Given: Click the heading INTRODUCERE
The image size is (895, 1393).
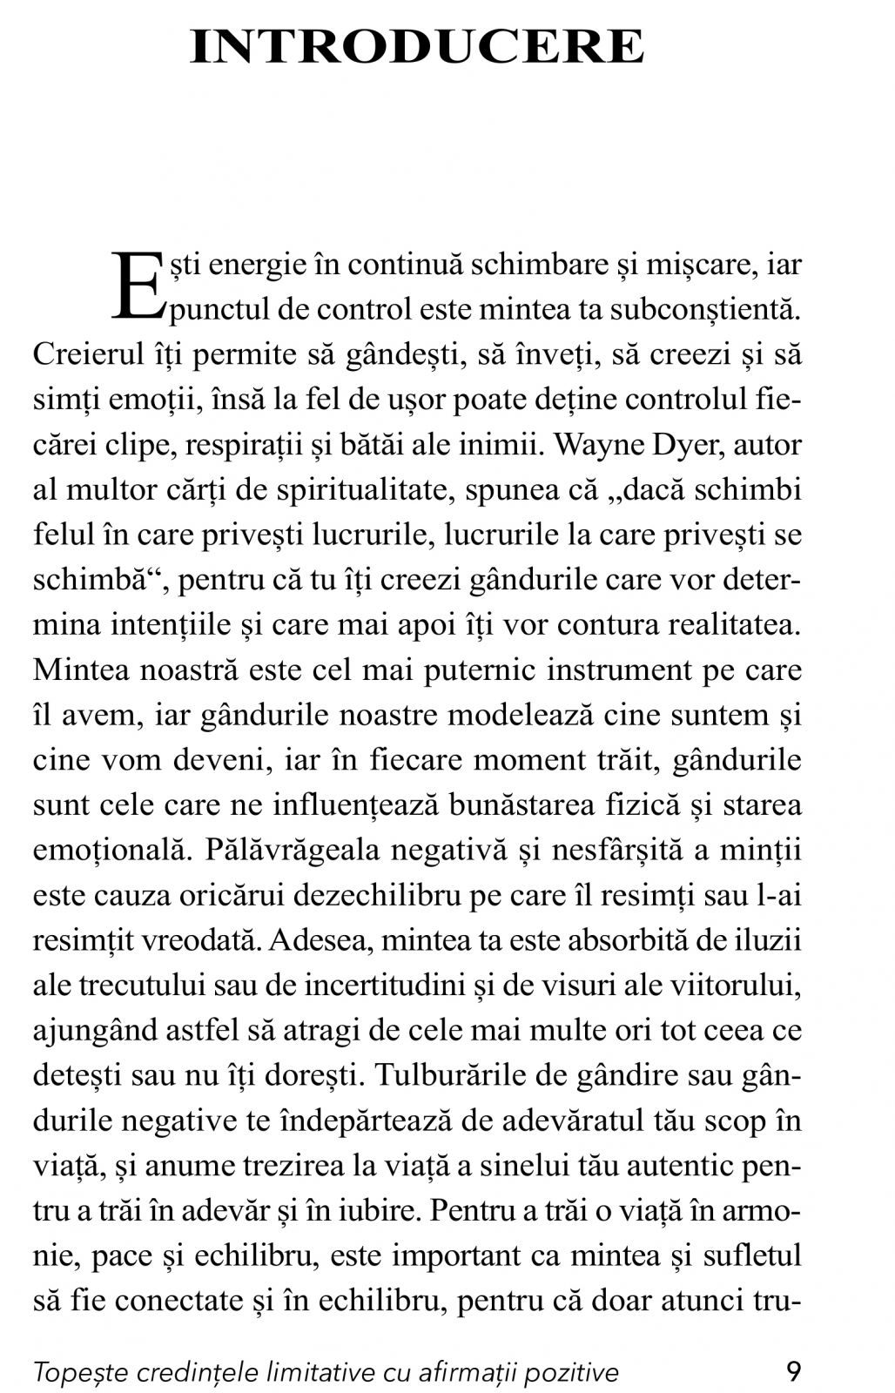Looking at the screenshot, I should click(417, 48).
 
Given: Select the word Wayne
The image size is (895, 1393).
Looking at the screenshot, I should click(594, 445).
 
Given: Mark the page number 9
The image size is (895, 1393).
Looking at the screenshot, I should click(792, 1373).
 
